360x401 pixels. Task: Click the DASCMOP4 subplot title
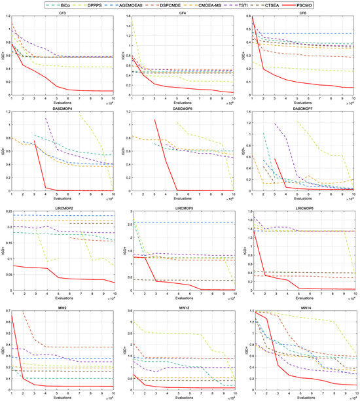62,113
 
